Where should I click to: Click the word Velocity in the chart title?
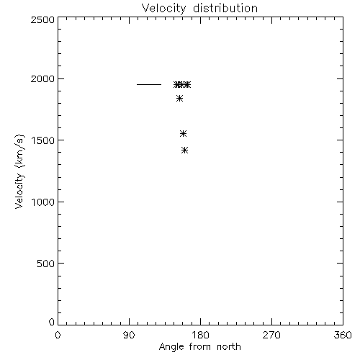(x=163, y=9)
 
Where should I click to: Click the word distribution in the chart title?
(x=225, y=8)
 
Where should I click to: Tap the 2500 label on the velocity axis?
(x=42, y=19)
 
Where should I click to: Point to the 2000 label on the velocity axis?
(x=42, y=79)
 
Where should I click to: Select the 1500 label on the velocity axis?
(x=43, y=140)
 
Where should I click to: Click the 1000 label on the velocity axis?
(x=43, y=202)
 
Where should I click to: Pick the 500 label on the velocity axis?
(x=46, y=264)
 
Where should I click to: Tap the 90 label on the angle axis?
(x=129, y=335)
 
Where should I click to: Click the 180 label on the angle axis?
(x=200, y=335)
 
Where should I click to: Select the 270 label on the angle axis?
(x=271, y=335)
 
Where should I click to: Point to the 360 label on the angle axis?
(x=343, y=335)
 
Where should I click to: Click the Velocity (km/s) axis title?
(x=19, y=171)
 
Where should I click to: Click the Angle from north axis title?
(x=200, y=347)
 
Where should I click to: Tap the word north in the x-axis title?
(x=229, y=346)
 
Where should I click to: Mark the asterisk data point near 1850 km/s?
(x=179, y=99)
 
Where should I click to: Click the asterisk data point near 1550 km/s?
(x=183, y=134)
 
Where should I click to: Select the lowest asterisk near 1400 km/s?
(x=184, y=150)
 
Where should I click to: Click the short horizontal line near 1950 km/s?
(x=149, y=84)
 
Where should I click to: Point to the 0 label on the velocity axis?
(x=52, y=322)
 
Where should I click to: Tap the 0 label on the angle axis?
(x=58, y=335)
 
